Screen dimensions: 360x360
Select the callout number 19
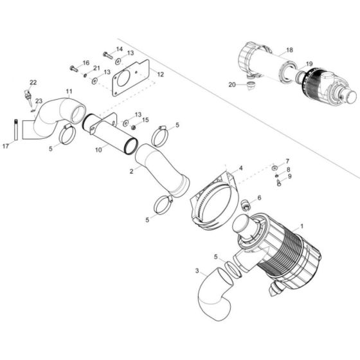point(309,64)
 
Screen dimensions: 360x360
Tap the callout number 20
point(232,84)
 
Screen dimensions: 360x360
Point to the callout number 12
point(160,75)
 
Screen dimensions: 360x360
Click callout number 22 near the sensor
point(33,82)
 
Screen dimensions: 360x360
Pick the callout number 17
point(6,147)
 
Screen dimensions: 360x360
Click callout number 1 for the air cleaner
point(302,228)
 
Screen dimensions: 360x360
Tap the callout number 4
point(240,168)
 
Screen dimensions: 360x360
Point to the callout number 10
point(98,150)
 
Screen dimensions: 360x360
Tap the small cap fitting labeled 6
point(245,205)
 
